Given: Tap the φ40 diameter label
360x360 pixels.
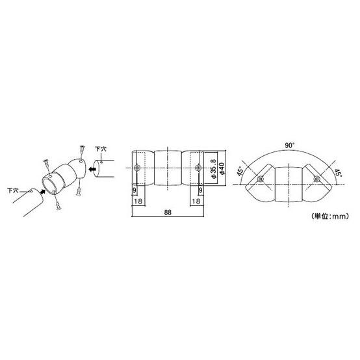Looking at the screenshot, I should pos(222,168).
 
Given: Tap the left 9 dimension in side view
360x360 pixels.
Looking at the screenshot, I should pos(135,191).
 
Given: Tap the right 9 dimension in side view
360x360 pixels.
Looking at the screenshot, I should pos(200,191).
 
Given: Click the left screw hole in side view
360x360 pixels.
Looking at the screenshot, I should pos(137,168).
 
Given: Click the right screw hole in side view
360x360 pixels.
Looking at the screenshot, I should pos(198,168).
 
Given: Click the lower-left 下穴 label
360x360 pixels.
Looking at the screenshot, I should pos(12,190).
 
